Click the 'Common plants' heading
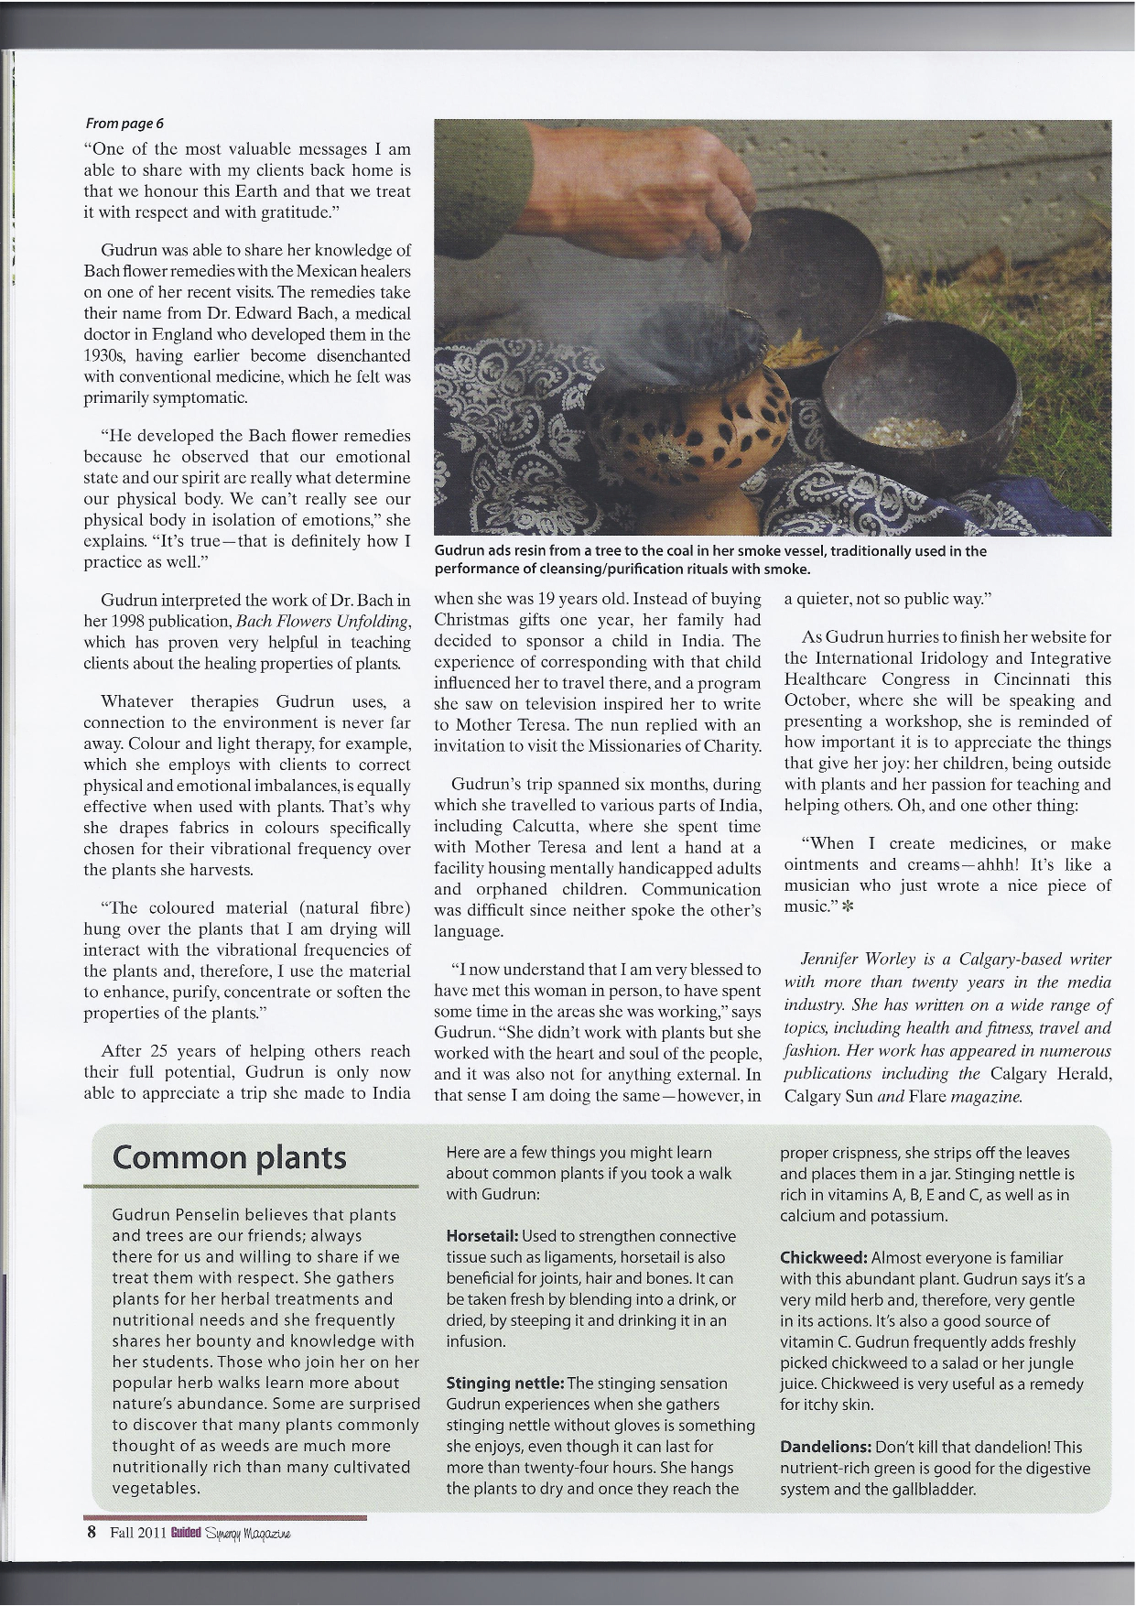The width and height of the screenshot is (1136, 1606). pos(229,1157)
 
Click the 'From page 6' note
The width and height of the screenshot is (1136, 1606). pos(124,124)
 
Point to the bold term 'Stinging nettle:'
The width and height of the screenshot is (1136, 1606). pos(504,1383)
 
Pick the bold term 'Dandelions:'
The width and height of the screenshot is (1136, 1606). pos(826,1447)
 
